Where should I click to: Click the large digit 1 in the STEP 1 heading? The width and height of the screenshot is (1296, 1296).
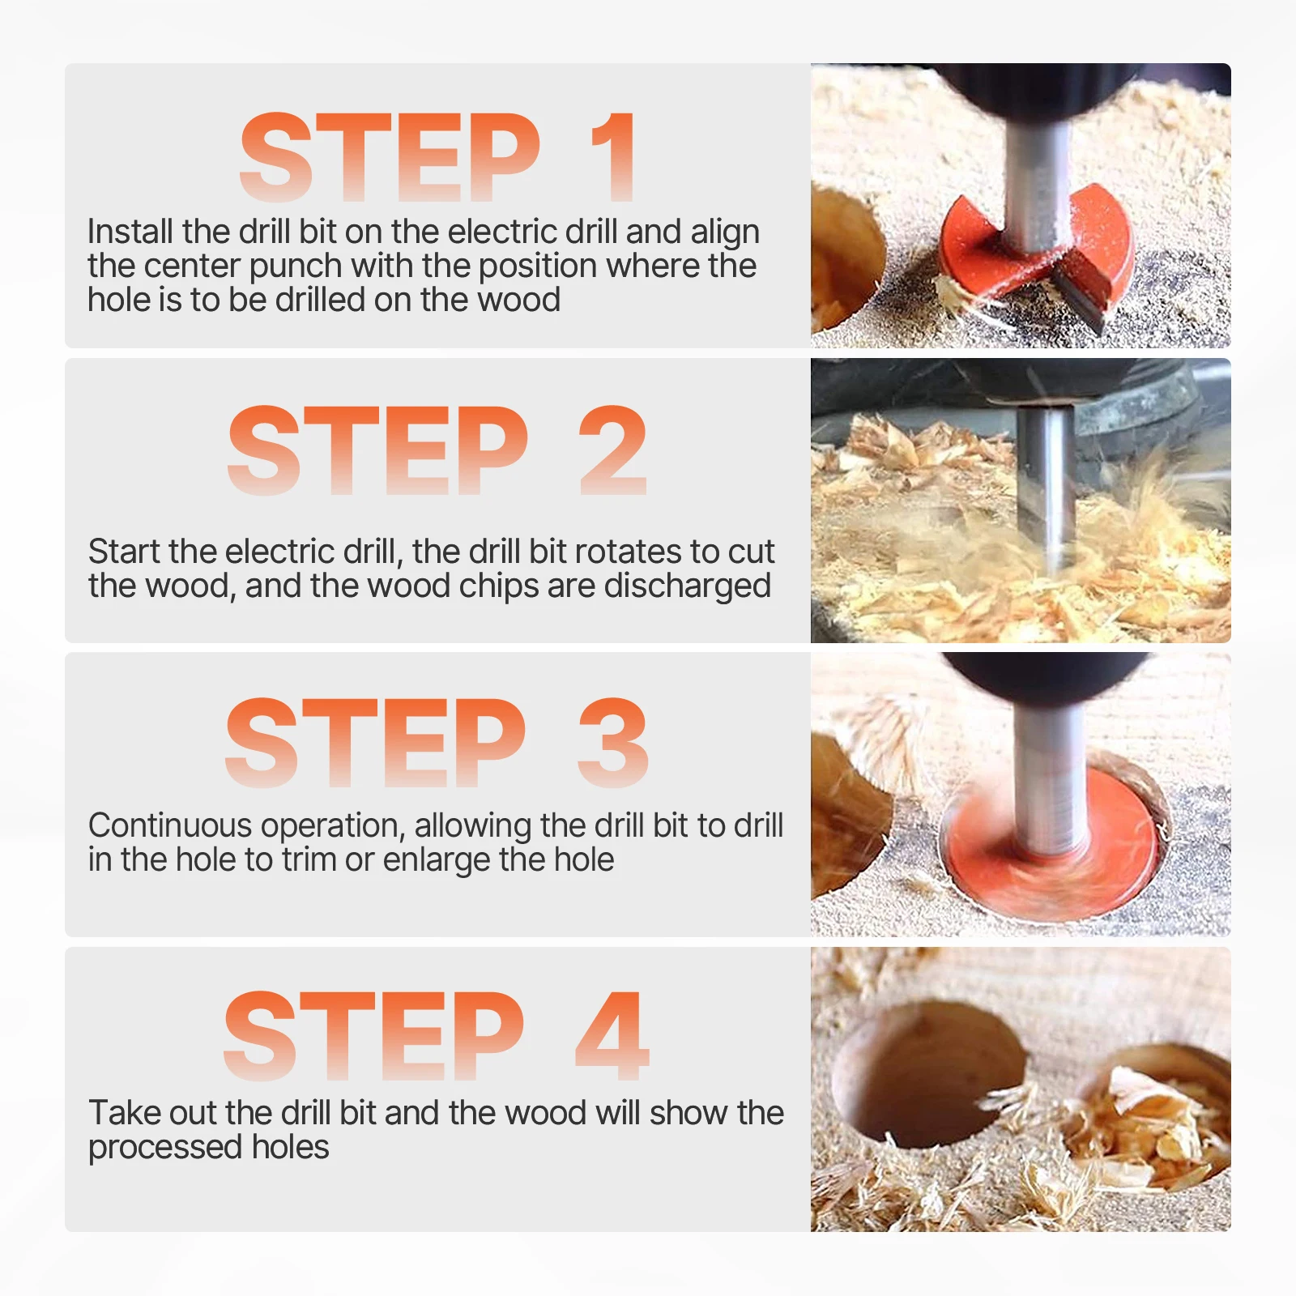(x=613, y=156)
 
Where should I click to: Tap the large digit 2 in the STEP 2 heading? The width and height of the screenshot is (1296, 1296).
(x=613, y=450)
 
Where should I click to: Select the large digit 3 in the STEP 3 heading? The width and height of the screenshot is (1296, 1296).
(x=613, y=743)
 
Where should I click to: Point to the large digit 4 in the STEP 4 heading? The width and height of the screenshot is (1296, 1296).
(x=612, y=1036)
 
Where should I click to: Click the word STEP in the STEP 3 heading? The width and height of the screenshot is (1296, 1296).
(x=376, y=743)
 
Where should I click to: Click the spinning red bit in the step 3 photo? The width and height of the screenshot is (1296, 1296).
(x=1053, y=842)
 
